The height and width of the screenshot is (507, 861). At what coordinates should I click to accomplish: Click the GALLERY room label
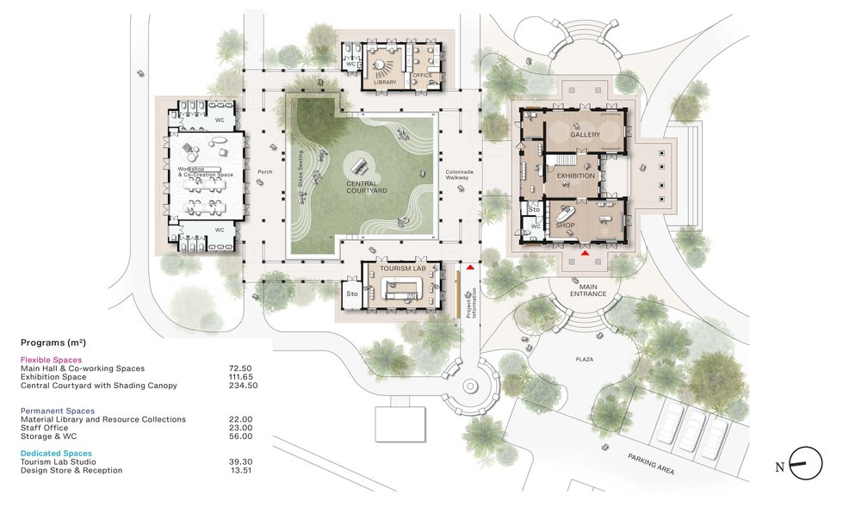pos(585,135)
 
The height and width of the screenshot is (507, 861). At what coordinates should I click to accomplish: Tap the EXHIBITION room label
pos(576,176)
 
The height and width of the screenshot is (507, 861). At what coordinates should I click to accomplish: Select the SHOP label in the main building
pos(565,226)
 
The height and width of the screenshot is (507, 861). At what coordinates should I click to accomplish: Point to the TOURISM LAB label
pos(403,269)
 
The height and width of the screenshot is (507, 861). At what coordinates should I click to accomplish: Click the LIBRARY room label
pos(384,82)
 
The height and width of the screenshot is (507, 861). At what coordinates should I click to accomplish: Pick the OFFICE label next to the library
pos(422,75)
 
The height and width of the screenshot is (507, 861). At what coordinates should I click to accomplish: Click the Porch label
pos(265,171)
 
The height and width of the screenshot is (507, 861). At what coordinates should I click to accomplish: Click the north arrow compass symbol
pos(806,464)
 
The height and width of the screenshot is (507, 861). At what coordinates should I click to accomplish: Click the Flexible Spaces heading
pos(51,360)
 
